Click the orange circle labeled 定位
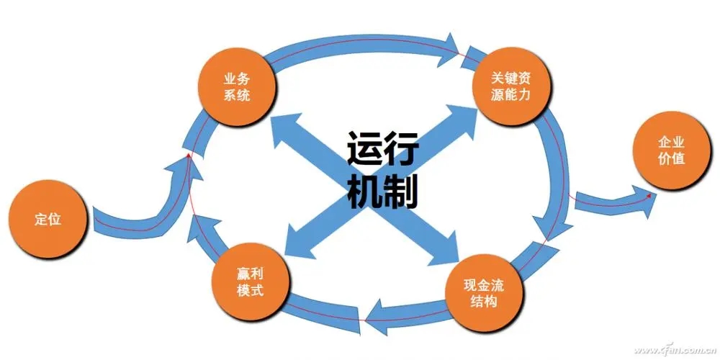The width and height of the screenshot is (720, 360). [48, 220]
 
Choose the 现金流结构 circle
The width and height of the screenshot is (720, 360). [484, 292]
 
